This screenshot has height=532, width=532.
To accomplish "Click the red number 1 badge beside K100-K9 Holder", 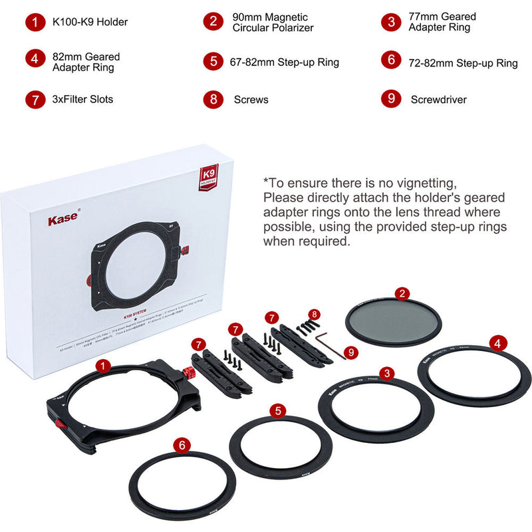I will click(x=36, y=22).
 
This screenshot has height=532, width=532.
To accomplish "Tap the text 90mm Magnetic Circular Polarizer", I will click(x=273, y=22).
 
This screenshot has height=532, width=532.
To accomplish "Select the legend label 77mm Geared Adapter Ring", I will click(x=442, y=22).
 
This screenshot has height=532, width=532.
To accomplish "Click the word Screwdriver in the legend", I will click(x=438, y=100).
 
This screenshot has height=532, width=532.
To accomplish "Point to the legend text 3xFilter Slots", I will click(x=82, y=100).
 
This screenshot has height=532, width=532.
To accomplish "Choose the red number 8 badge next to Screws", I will click(x=213, y=99).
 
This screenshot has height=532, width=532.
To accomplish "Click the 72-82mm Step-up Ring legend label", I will click(x=463, y=63).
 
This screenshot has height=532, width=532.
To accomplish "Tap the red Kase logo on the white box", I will click(x=64, y=219).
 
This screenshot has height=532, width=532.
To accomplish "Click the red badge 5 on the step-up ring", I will click(x=278, y=410).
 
